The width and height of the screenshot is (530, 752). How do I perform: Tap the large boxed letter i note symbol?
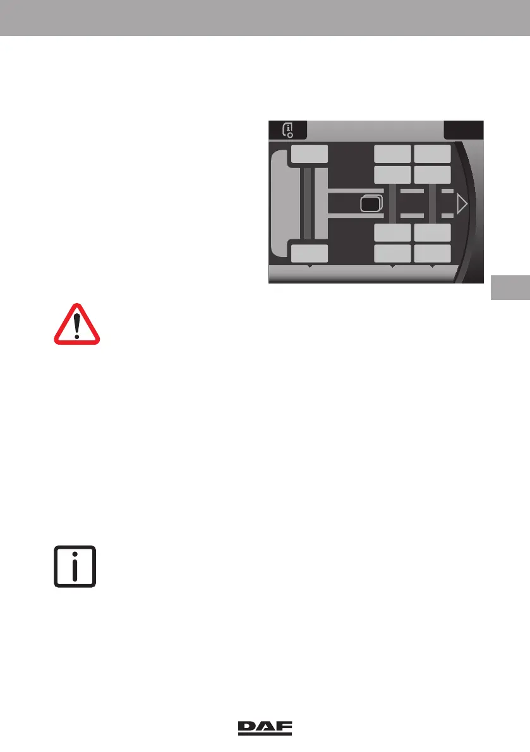[75, 565]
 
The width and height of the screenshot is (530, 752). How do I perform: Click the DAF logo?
[265, 728]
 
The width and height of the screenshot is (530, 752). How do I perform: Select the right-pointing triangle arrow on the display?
[462, 204]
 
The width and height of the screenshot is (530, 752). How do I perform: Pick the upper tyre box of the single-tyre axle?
[310, 154]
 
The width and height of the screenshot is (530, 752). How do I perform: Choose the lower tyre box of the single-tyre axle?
[310, 254]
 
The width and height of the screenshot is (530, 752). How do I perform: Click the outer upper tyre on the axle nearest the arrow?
[433, 154]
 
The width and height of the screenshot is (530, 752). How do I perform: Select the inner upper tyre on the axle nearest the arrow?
[433, 175]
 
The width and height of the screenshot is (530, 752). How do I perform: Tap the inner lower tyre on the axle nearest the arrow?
[433, 232]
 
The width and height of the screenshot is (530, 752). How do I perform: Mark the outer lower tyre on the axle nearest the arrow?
[433, 254]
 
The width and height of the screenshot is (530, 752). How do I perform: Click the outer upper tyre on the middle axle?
[392, 154]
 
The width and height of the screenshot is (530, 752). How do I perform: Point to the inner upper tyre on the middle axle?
[392, 175]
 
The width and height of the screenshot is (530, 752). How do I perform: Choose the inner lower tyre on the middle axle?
[392, 232]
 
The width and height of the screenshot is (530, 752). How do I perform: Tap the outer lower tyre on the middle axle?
[392, 254]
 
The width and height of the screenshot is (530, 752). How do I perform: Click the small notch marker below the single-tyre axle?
[310, 268]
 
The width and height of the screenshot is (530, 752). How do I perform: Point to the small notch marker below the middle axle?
[392, 268]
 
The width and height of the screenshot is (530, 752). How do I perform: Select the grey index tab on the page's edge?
[509, 287]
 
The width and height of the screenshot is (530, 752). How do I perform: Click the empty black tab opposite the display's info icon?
[464, 129]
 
